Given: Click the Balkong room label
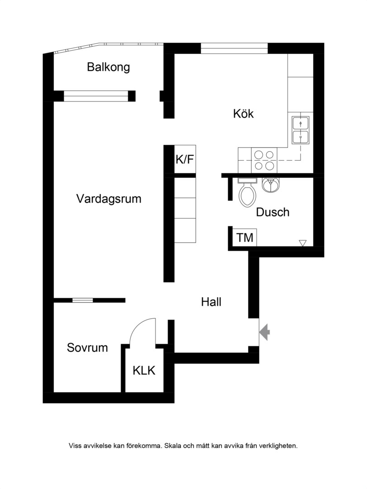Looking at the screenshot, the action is (x=108, y=67).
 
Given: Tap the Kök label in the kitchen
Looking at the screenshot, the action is (x=243, y=114).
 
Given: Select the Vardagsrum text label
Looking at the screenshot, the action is (x=108, y=199).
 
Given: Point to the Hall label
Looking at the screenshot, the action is (x=211, y=302).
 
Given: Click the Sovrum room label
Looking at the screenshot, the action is (x=87, y=347).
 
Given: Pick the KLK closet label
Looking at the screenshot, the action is (x=144, y=370).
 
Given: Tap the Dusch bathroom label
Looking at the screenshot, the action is (x=273, y=212).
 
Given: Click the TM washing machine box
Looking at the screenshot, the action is (x=245, y=238).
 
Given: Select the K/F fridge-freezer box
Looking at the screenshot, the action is (x=185, y=159).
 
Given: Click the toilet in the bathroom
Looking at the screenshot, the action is (x=248, y=192).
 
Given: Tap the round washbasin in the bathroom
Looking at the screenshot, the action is (x=271, y=185).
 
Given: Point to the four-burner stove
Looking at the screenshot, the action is (x=264, y=160).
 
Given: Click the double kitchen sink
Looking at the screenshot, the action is (x=301, y=130).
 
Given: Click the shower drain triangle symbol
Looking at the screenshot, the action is (x=302, y=243).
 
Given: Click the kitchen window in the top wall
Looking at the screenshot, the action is (x=234, y=48).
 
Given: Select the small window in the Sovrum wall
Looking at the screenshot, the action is (x=83, y=300).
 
